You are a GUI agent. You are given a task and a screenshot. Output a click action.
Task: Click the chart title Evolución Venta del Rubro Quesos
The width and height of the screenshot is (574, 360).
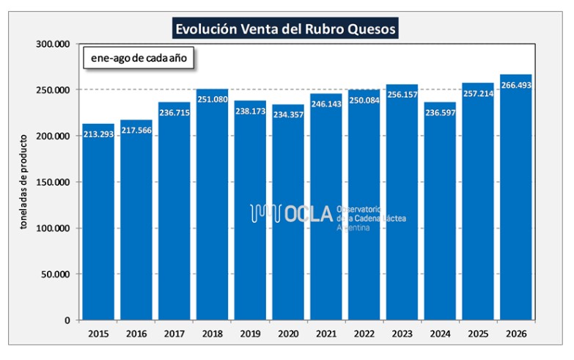click(x=285, y=29)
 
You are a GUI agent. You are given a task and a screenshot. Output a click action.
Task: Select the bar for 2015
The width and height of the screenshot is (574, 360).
click(x=98, y=222)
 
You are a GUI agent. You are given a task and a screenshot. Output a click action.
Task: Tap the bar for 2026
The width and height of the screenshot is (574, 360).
click(x=516, y=197)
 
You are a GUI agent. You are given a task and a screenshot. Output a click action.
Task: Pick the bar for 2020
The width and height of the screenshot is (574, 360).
click(x=288, y=213)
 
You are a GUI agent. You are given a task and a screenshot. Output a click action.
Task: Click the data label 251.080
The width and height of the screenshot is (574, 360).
click(x=213, y=99)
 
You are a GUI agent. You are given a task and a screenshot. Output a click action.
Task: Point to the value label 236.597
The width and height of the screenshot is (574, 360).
click(x=440, y=112)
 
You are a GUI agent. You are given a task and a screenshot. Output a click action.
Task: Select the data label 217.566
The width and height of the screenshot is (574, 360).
click(x=136, y=130)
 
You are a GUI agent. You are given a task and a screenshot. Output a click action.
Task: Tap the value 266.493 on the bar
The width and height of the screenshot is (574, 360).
click(x=516, y=85)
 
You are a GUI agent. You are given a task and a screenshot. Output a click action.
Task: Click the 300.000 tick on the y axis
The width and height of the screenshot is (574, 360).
click(x=53, y=44)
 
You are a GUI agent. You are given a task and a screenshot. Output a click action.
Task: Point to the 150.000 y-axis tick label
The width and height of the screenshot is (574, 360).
click(x=53, y=182)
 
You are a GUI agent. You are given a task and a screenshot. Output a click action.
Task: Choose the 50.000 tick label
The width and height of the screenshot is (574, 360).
click(x=55, y=274)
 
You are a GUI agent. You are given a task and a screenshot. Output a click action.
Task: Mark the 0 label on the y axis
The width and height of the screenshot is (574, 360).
click(x=67, y=320)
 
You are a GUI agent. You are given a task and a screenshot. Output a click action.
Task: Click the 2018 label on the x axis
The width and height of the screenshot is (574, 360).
click(x=213, y=334)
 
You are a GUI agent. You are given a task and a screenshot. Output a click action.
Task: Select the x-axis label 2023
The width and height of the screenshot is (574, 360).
click(x=402, y=334)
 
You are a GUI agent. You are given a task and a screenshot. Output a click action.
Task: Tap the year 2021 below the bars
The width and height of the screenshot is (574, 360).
click(x=326, y=334)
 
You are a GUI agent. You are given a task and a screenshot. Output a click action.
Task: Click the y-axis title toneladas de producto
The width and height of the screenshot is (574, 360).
click(x=23, y=182)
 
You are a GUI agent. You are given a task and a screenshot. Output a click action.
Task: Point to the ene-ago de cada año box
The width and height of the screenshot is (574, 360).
click(x=139, y=58)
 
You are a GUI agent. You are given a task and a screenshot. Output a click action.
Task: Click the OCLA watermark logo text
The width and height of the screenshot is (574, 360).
click(x=309, y=214)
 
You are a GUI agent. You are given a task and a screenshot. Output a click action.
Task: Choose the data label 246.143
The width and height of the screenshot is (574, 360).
click(x=326, y=103)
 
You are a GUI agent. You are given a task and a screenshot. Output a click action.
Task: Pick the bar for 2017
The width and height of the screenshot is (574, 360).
click(x=174, y=211)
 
